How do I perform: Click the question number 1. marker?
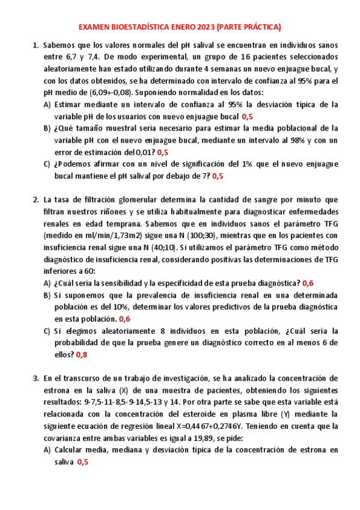coord(35,45)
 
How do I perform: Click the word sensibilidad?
coord(133,283)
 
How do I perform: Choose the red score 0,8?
coord(81,354)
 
